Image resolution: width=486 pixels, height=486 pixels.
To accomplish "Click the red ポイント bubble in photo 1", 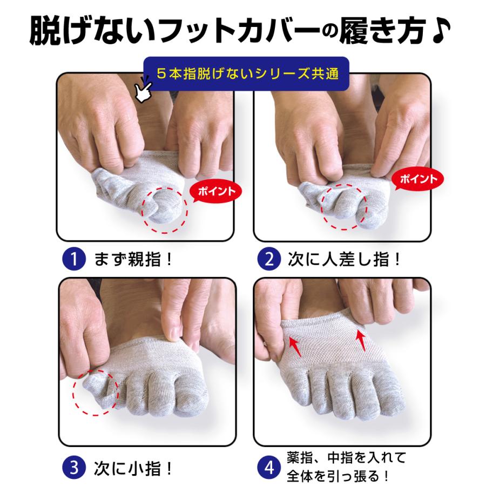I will pos(216,191).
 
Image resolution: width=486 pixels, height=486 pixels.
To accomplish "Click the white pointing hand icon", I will pos(144,90).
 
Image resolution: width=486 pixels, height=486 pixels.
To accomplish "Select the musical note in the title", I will pos(446,33).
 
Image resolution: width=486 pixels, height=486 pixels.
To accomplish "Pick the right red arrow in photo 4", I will pos(361,341).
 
